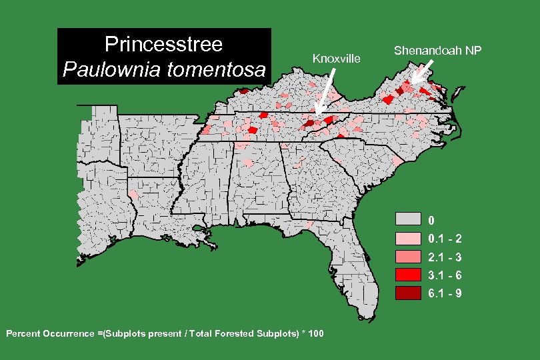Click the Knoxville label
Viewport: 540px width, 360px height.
(336, 59)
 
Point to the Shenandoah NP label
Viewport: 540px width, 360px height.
(437, 50)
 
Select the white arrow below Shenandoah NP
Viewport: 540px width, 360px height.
(423, 72)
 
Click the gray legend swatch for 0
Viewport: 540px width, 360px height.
(408, 219)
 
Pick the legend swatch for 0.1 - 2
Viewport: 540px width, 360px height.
(408, 238)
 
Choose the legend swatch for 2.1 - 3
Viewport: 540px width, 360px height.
(408, 256)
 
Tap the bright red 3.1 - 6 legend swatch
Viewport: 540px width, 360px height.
(408, 274)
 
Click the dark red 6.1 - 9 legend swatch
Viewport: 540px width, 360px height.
(408, 292)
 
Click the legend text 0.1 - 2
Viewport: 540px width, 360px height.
(445, 239)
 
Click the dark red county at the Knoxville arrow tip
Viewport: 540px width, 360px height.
(309, 123)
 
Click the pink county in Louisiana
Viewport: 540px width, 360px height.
(133, 193)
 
